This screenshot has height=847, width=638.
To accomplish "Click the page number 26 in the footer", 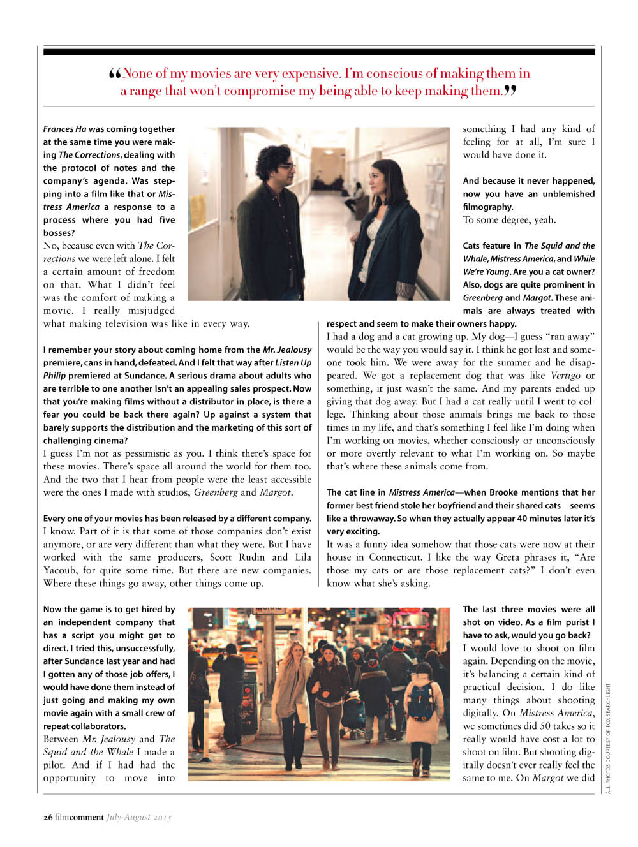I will (48, 817).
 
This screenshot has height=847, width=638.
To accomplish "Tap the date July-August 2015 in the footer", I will (139, 817).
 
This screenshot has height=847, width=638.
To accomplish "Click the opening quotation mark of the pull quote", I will (115, 74).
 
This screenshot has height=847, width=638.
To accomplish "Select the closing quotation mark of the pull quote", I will (510, 91).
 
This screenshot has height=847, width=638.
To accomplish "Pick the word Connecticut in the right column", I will (396, 557).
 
